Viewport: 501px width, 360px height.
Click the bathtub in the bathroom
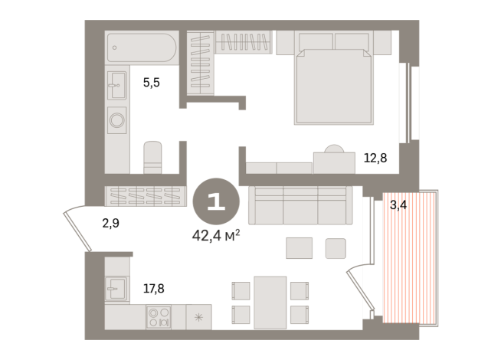pos(142,47)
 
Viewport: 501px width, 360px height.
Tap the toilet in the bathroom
pos(153,157)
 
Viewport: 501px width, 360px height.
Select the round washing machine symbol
pos(117,120)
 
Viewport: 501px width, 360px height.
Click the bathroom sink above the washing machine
pos(117,85)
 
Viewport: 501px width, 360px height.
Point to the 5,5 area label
pos(151,83)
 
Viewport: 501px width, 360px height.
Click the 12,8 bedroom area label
pos(375,159)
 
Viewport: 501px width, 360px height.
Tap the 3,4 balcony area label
pos(398,205)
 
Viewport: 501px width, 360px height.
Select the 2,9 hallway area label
pos(110,224)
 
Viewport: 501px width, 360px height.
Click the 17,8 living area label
pos(153,289)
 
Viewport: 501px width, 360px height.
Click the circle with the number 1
pos(215,201)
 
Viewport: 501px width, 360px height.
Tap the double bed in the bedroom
pos(333,84)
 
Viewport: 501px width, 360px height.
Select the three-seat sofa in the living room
pos(300,205)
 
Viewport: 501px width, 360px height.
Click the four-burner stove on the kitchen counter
pos(158,316)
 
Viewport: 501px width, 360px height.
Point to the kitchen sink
pos(116,288)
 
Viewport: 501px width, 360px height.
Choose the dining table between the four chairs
pos(270,302)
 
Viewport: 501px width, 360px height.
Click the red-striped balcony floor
pos(409,260)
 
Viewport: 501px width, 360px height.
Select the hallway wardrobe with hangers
pos(146,196)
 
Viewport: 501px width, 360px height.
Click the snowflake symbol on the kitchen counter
pos(198,317)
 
